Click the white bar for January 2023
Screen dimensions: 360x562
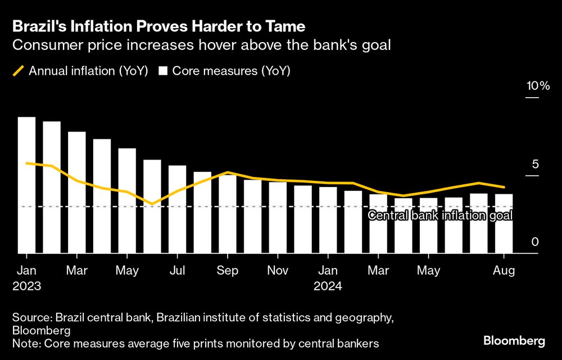[x=26, y=185]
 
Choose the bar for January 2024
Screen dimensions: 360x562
[x=328, y=220]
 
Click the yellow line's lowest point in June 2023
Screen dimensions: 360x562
[x=151, y=204]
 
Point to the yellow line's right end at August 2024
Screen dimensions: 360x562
[x=504, y=187]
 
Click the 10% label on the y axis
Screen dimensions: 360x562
[x=537, y=86]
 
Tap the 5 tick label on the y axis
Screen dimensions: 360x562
[x=535, y=164]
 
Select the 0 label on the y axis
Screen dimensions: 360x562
[x=535, y=241]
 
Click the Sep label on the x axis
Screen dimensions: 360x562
[x=227, y=271]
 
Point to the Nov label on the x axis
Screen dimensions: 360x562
[x=278, y=271]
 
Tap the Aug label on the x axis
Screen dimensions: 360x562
[x=504, y=271]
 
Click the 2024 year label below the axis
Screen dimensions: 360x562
[x=328, y=285]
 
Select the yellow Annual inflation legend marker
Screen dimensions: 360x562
[x=19, y=71]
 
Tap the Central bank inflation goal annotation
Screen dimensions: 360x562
[x=439, y=215]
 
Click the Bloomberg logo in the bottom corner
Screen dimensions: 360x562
[x=514, y=341]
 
